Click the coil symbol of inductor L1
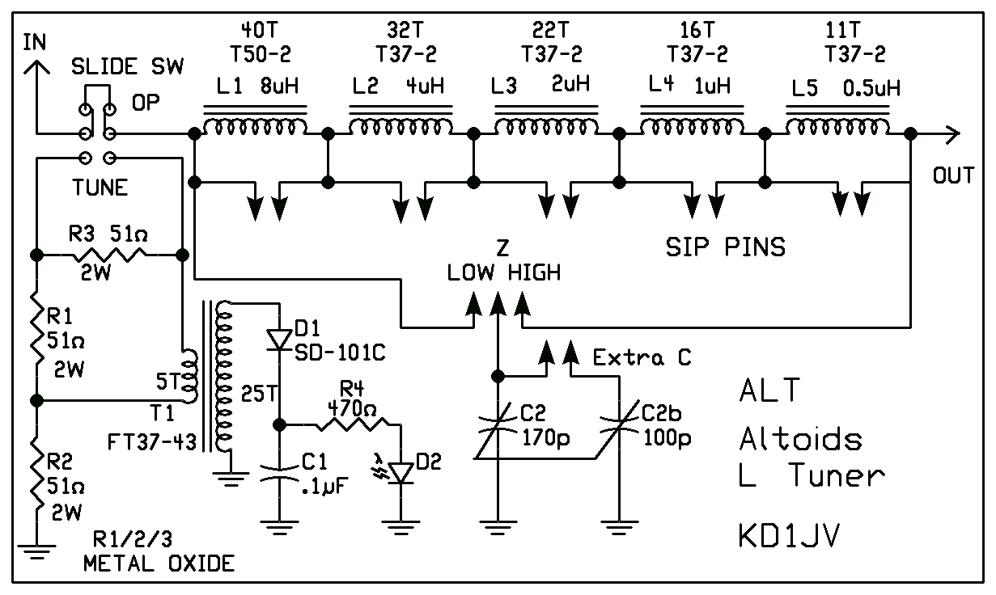tap(254, 125)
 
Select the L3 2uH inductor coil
tap(546, 125)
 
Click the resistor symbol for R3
tap(109, 255)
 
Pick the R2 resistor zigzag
tap(36, 477)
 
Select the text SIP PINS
tap(725, 247)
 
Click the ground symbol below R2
tap(36, 552)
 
